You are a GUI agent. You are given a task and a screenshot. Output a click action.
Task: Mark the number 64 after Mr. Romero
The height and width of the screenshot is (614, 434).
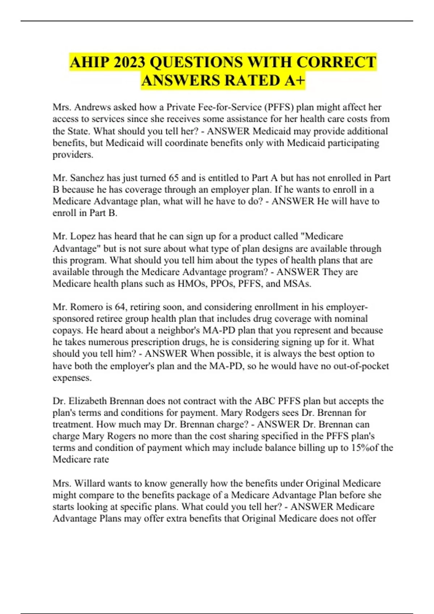coord(120,307)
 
